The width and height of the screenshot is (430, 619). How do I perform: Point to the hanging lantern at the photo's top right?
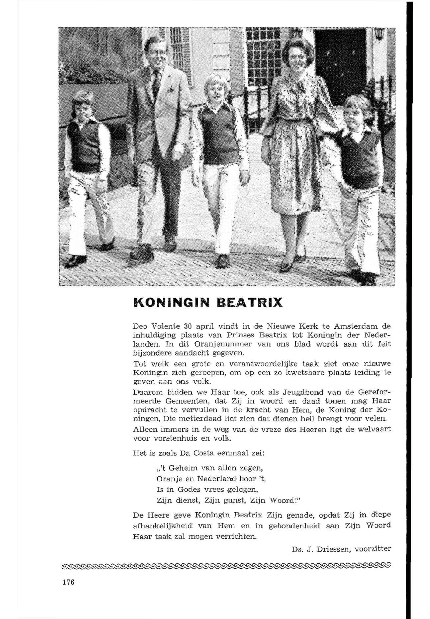point(379,34)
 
